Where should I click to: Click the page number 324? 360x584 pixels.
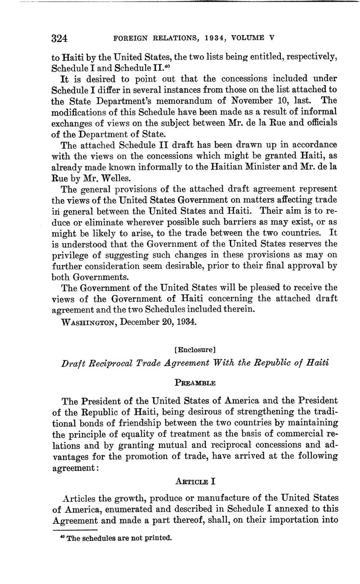tap(60, 39)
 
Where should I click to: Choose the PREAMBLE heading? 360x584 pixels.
tap(195, 383)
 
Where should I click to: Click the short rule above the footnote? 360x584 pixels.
tap(75, 530)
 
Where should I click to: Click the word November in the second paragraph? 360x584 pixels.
tap(254, 101)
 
